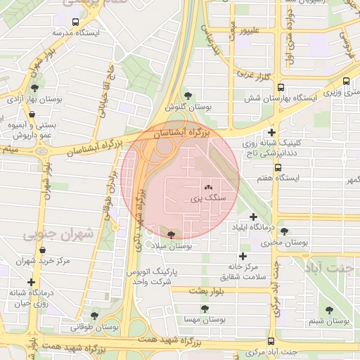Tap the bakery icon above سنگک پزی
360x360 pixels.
tap(207, 188)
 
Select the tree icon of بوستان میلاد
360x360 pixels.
tap(172, 234)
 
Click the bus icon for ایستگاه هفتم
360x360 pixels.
tap(278, 168)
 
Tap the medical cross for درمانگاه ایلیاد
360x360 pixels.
tap(253, 217)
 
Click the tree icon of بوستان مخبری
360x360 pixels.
tap(284, 231)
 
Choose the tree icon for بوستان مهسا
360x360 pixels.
tap(205, 308)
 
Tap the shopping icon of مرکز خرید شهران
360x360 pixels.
tap(44, 250)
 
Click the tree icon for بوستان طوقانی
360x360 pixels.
tap(95, 316)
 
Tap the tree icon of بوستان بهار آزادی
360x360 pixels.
tap(34, 88)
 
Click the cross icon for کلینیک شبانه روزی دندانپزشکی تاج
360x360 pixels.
tap(271, 132)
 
